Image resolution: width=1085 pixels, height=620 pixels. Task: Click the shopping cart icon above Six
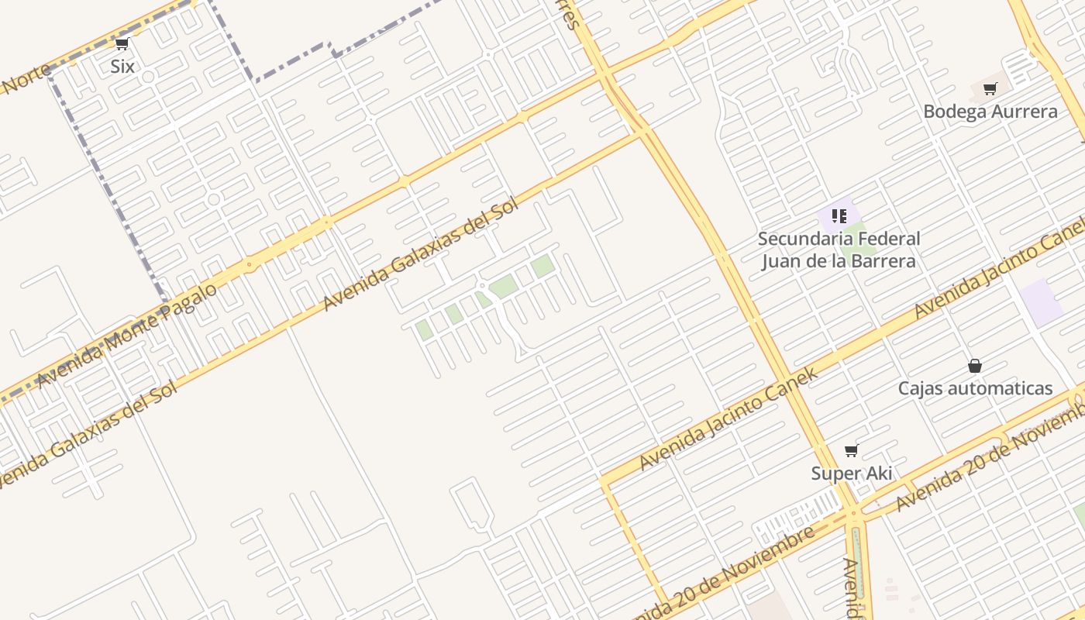(122, 44)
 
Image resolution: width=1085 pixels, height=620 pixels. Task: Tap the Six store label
(122, 67)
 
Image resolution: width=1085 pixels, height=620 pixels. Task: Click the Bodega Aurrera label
(990, 112)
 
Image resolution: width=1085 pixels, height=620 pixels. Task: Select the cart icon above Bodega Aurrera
(990, 88)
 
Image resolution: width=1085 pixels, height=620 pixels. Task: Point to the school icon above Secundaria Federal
(839, 215)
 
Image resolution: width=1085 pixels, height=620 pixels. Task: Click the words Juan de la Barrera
(839, 261)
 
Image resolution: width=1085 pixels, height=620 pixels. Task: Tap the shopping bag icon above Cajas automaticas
(975, 366)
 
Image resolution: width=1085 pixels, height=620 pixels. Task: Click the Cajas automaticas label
(975, 388)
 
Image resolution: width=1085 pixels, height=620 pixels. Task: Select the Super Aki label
(851, 474)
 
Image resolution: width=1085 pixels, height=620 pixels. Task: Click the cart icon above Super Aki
(851, 450)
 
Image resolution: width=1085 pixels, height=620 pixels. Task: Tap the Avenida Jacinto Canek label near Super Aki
(728, 419)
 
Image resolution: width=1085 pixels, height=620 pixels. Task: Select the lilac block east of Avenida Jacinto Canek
(1041, 303)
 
